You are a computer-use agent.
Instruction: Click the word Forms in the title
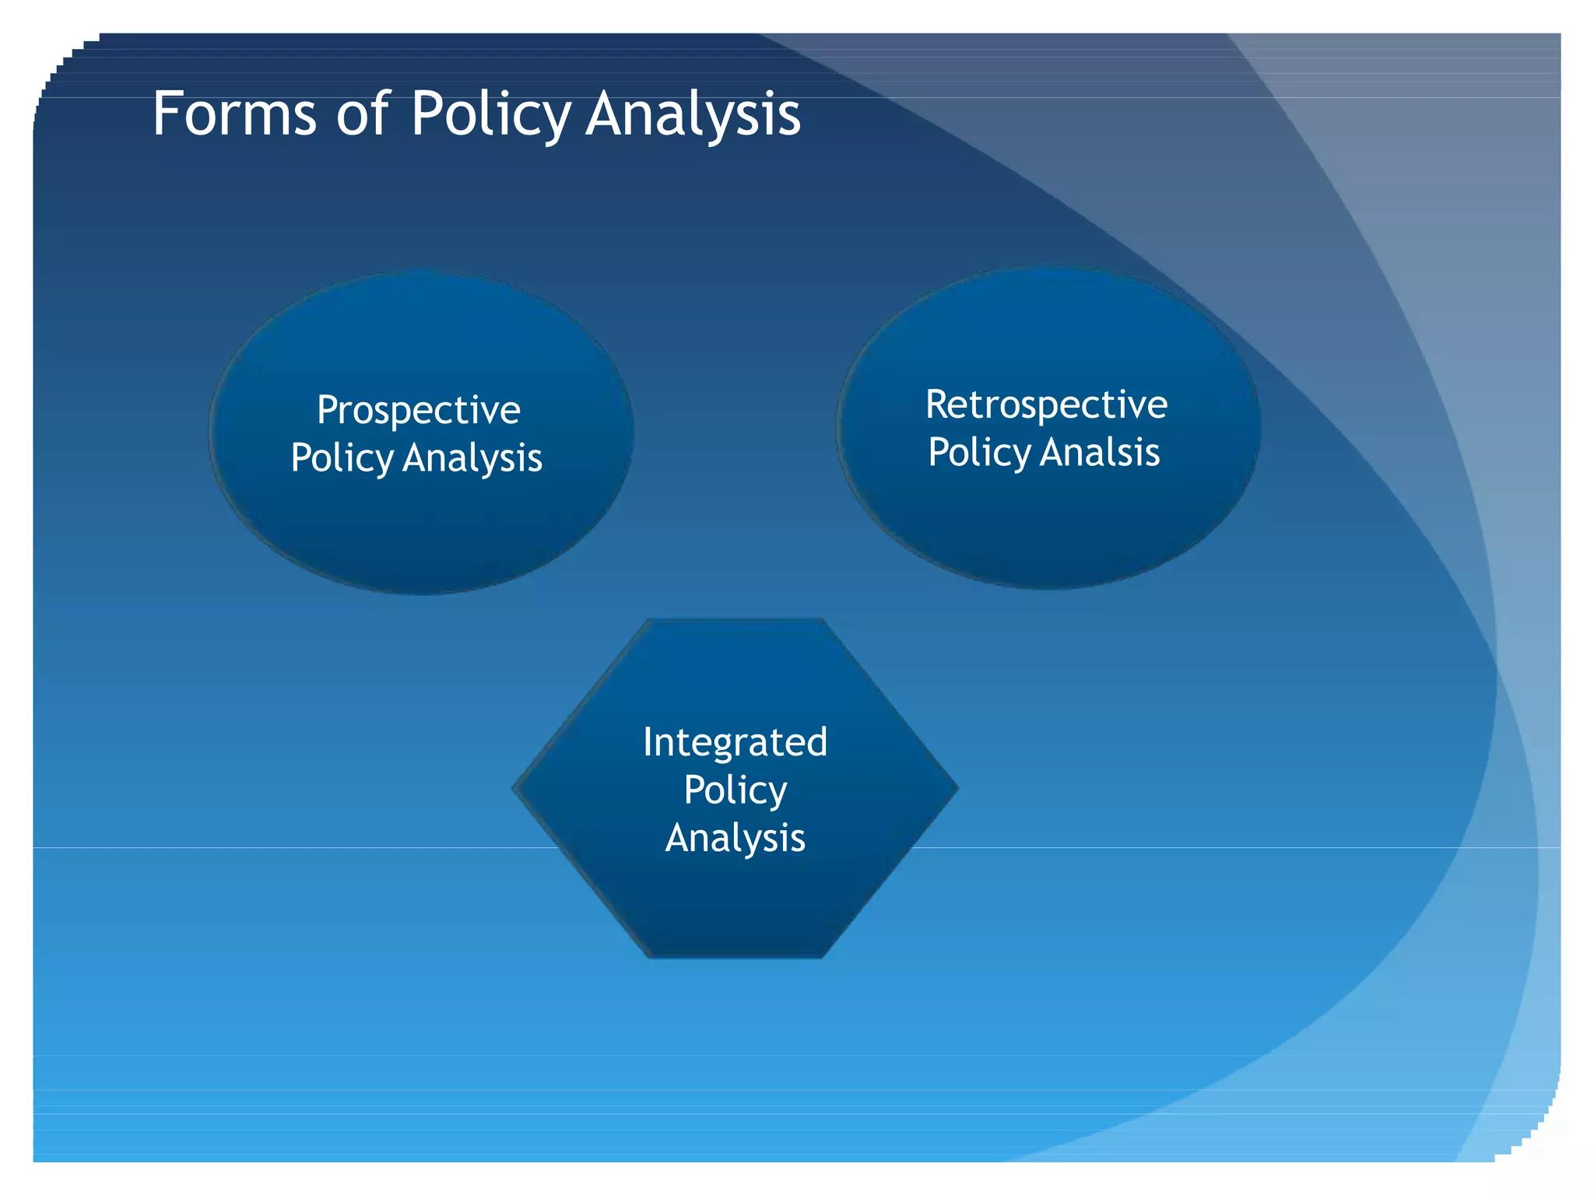(x=234, y=114)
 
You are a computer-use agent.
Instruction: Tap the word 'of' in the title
(x=362, y=114)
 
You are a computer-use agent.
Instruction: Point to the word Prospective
(x=418, y=411)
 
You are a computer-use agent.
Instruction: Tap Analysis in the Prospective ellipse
(x=472, y=457)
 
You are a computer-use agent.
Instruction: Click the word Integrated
(x=735, y=743)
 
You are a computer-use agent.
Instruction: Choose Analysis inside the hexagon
(x=735, y=838)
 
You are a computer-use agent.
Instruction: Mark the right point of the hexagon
(x=956, y=789)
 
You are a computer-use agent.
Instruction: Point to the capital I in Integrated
(x=648, y=742)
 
